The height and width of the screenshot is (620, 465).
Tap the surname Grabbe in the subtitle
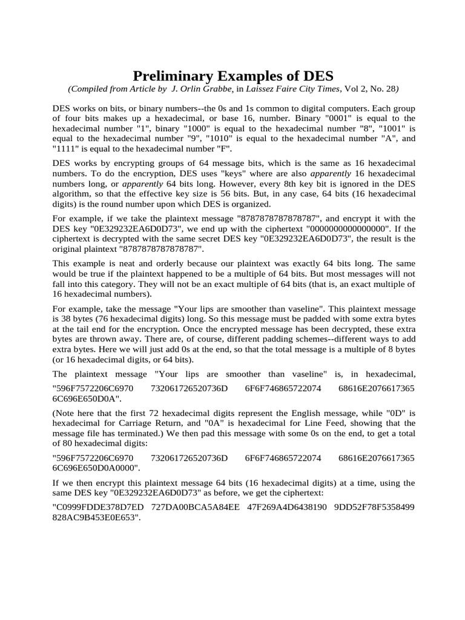coord(219,90)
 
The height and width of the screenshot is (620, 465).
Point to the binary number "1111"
coord(65,149)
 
